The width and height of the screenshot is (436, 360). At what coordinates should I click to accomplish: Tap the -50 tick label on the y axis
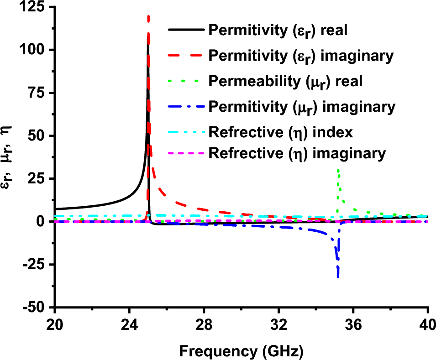pyautogui.click(x=36, y=307)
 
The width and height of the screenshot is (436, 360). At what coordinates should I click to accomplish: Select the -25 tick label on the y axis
pyautogui.click(x=36, y=264)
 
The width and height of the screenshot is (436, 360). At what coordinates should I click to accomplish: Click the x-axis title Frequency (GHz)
pyautogui.click(x=241, y=351)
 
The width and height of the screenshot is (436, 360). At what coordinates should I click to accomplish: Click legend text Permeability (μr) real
pyautogui.click(x=285, y=82)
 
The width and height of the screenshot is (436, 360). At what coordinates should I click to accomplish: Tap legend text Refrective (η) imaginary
pyautogui.click(x=297, y=154)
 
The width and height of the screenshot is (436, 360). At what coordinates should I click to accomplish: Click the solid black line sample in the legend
pyautogui.click(x=186, y=30)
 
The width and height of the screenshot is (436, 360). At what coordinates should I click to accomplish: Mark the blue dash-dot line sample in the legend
pyautogui.click(x=186, y=107)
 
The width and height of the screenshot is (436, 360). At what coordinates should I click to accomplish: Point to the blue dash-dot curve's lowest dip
pyautogui.click(x=338, y=276)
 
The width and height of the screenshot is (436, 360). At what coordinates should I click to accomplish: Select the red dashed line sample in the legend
pyautogui.click(x=186, y=56)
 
